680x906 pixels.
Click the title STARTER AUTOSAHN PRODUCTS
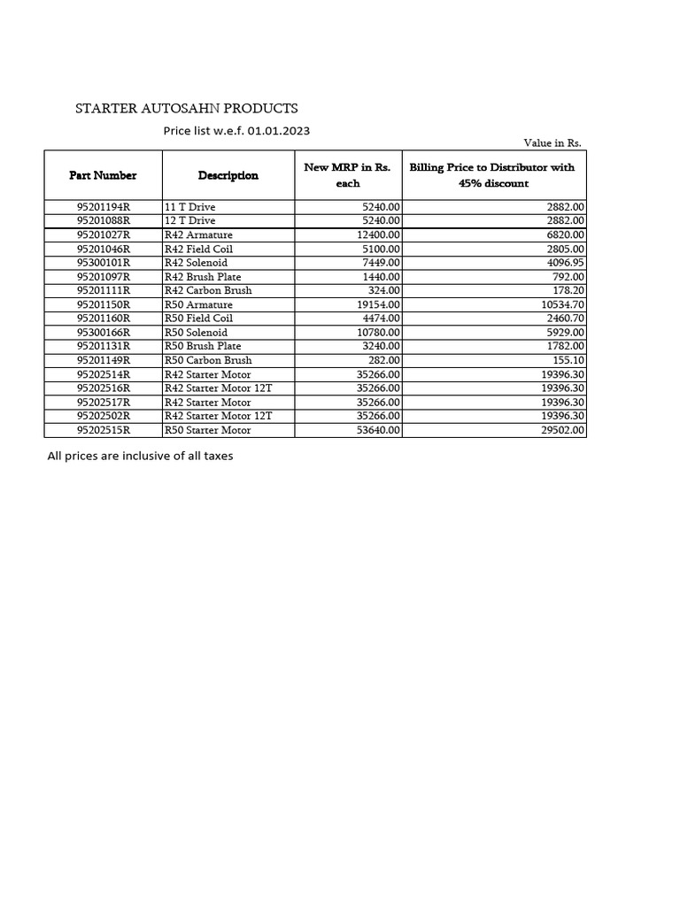[186, 109]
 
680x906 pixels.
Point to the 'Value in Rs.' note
[552, 142]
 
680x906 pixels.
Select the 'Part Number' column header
[103, 175]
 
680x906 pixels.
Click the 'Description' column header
[228, 175]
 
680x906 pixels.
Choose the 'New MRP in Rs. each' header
[347, 175]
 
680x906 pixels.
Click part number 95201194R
[104, 206]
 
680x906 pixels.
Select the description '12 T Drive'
[190, 220]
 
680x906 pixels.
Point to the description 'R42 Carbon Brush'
[208, 290]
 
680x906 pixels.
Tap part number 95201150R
[104, 304]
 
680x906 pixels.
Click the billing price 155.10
[567, 360]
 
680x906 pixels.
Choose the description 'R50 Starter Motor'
[208, 430]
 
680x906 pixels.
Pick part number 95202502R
[104, 416]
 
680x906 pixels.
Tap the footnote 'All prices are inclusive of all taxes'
[140, 457]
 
